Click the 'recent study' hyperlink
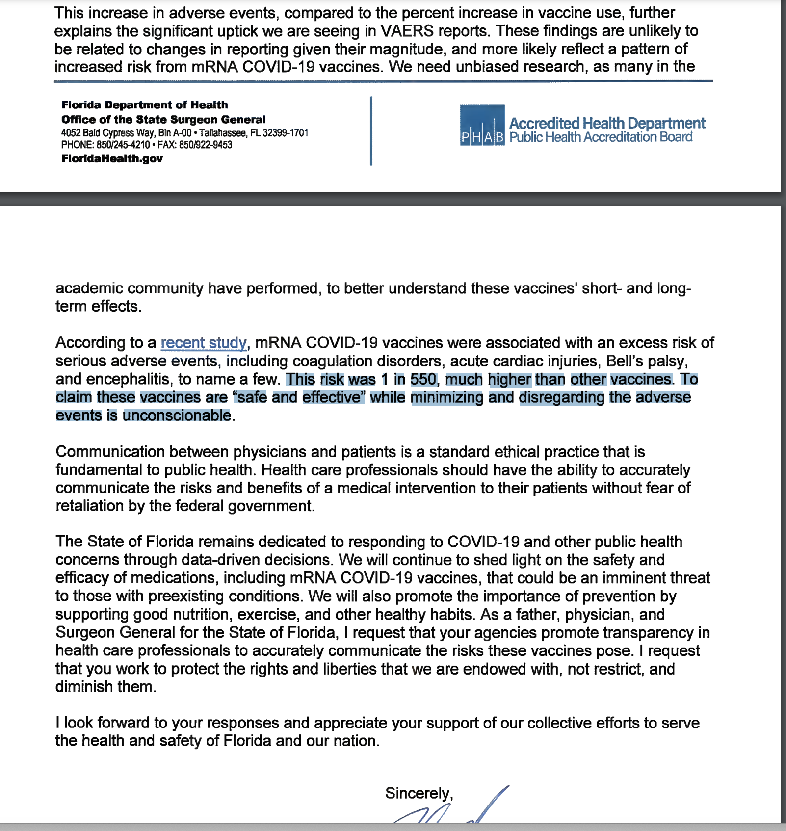(204, 342)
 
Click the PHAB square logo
(482, 125)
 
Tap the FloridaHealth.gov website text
(112, 158)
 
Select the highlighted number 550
(423, 379)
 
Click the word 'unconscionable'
(177, 415)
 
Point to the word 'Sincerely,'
(419, 793)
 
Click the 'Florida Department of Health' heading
(144, 105)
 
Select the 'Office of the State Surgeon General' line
(163, 120)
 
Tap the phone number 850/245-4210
(123, 145)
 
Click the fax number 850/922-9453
(206, 145)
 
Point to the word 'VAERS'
(407, 31)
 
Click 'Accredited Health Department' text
(607, 123)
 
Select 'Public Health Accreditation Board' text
(601, 137)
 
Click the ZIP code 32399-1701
(286, 133)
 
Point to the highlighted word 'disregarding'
(561, 397)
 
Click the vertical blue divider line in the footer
(371, 131)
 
